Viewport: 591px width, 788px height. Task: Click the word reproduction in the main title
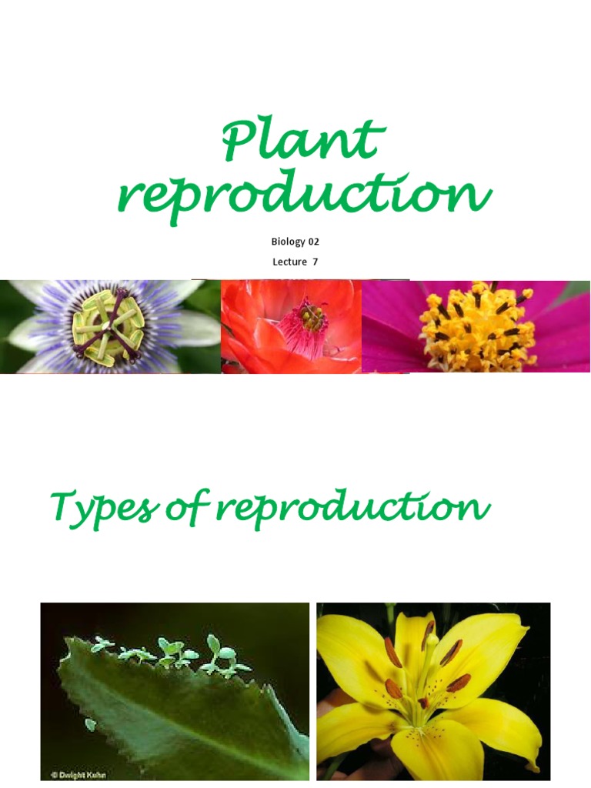pyautogui.click(x=303, y=195)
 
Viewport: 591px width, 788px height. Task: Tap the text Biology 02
pyautogui.click(x=295, y=242)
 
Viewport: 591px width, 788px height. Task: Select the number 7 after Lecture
pyautogui.click(x=315, y=262)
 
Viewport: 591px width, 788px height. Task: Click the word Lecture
pyautogui.click(x=289, y=262)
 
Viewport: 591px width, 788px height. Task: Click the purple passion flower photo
pyautogui.click(x=110, y=326)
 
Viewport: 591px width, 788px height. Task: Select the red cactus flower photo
pyautogui.click(x=291, y=326)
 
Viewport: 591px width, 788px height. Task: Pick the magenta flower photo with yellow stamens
pyautogui.click(x=476, y=326)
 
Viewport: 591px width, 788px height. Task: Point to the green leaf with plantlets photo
pyautogui.click(x=175, y=691)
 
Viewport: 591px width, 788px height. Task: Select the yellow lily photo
pyautogui.click(x=433, y=691)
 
